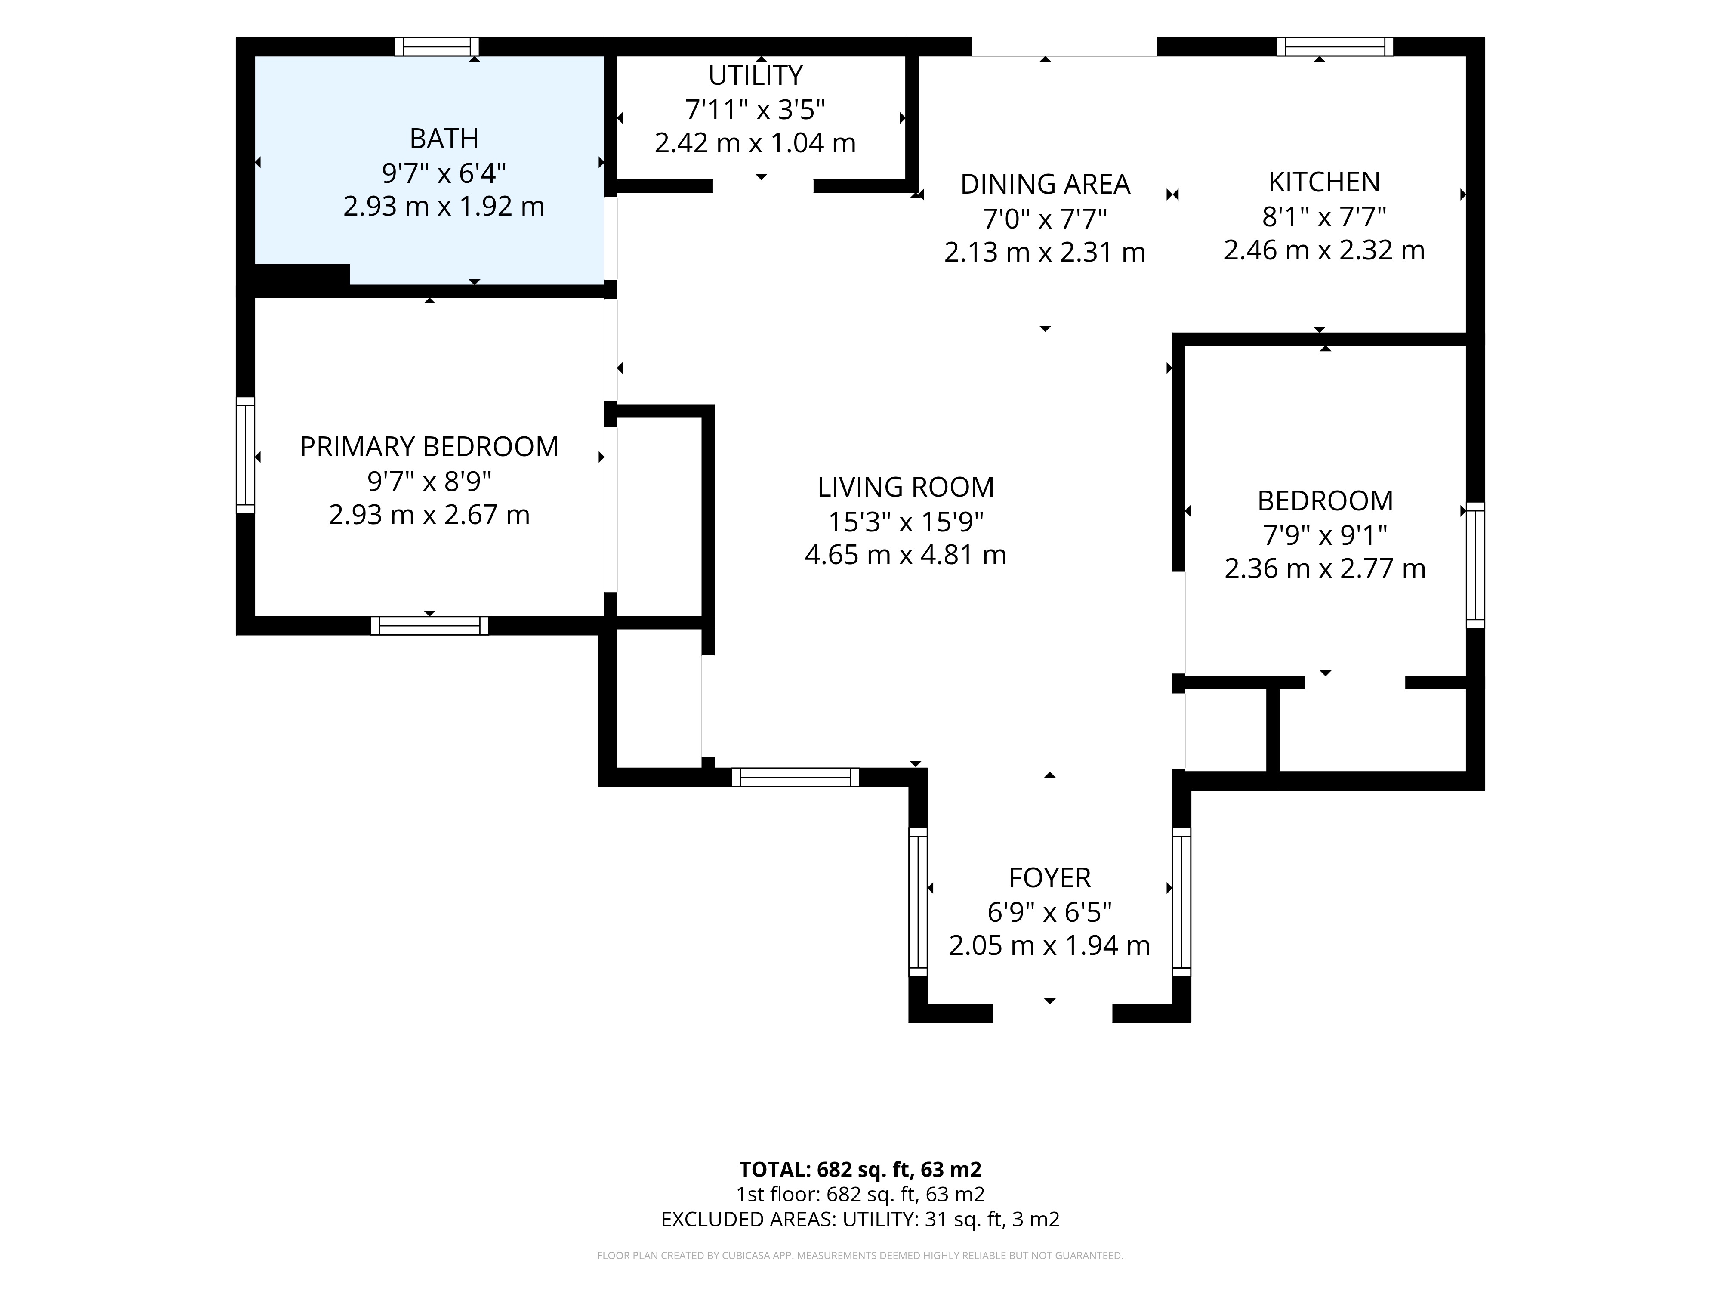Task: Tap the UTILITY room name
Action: pos(755,75)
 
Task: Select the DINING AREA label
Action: pos(1045,185)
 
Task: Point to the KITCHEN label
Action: pos(1324,182)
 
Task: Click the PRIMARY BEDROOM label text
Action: pos(429,447)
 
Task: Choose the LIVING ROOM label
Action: pos(906,487)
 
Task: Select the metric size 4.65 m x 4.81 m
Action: pos(906,555)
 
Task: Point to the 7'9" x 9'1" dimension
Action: pos(1325,535)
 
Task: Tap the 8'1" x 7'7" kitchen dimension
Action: pos(1324,216)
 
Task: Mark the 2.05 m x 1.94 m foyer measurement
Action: pos(1049,945)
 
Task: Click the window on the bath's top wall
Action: pos(436,46)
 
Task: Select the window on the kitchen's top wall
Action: pos(1335,46)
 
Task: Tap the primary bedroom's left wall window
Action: pos(245,455)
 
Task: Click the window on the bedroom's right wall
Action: pos(1475,565)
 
